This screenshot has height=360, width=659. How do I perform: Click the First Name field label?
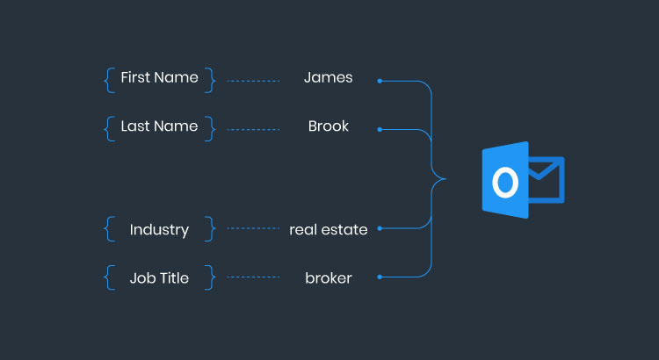coord(159,77)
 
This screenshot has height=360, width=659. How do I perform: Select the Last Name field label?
coord(159,126)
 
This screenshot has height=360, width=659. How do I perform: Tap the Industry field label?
coord(159,230)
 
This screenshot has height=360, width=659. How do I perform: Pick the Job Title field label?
coord(159,278)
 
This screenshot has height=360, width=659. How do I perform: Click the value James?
coord(328,77)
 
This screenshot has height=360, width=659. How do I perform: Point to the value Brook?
coord(328,126)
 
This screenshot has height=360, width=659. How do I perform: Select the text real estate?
coord(328,230)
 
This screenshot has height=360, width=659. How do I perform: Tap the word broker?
coord(328,278)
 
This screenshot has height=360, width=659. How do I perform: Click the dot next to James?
coord(380,81)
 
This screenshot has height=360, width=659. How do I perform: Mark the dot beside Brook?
coord(380,129)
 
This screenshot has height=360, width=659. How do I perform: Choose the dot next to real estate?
coord(380,228)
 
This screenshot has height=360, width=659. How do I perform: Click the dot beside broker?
coord(380,277)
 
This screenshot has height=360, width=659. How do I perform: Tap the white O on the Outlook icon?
coord(503,182)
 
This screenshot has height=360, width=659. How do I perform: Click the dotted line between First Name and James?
coord(252,81)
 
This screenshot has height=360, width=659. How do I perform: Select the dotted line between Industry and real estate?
coord(252,228)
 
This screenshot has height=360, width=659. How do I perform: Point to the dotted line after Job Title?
coord(252,277)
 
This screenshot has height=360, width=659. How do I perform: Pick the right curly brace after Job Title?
coord(210,278)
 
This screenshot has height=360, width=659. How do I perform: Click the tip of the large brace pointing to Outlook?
coord(445,179)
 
